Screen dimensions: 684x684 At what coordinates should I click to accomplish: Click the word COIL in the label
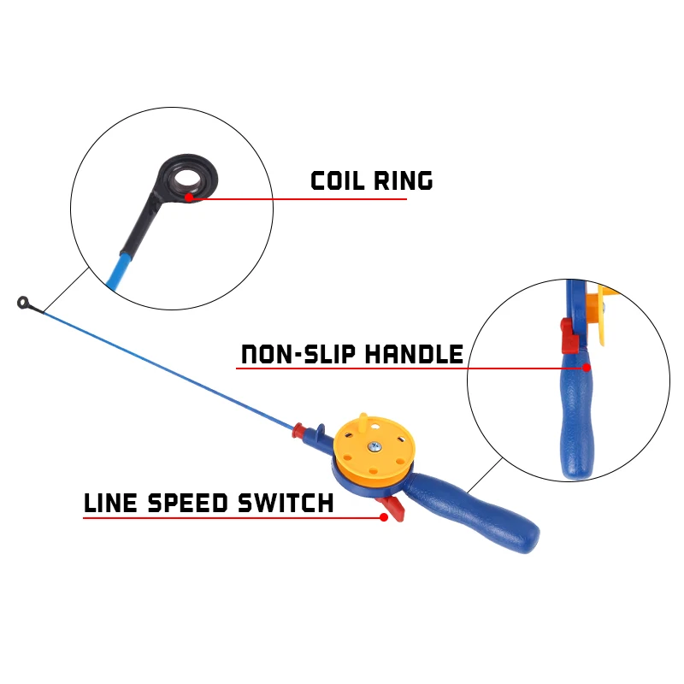click(337, 180)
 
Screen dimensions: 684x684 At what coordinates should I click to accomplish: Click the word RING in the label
click(404, 180)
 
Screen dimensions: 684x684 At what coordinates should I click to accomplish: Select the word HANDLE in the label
click(414, 354)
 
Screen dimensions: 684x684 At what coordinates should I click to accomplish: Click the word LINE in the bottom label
click(110, 503)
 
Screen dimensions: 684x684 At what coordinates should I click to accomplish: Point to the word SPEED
click(188, 503)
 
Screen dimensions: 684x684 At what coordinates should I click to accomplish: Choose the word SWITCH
click(286, 503)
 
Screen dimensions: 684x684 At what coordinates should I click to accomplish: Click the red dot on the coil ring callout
click(189, 198)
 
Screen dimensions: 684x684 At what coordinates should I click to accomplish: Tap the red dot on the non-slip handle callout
click(587, 368)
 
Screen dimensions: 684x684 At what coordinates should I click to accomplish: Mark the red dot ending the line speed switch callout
click(384, 517)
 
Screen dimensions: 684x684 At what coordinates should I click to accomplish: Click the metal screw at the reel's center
click(374, 446)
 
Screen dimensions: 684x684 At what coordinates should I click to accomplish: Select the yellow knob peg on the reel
click(363, 422)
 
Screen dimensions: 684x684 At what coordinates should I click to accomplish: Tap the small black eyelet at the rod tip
click(23, 303)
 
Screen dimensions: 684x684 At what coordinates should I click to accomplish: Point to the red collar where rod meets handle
click(299, 430)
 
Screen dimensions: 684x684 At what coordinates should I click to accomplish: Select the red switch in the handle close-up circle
click(569, 336)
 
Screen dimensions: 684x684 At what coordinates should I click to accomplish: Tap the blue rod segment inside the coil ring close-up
click(118, 272)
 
